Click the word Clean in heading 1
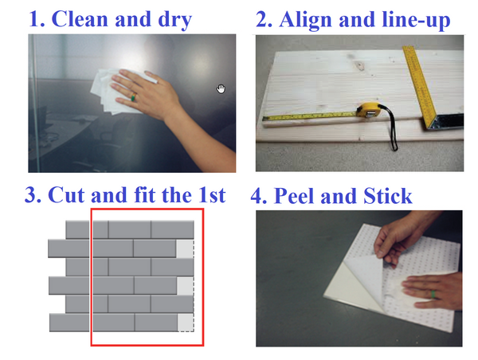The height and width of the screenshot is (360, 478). tap(80, 19)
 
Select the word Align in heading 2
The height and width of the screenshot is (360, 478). tap(305, 21)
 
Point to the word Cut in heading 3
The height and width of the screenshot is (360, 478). tap(66, 195)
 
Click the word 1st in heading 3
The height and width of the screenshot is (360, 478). tap(212, 195)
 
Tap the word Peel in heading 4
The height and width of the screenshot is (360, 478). tap(295, 196)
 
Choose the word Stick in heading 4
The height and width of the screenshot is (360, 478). tap(387, 196)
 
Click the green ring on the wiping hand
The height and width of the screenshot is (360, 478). tap(133, 97)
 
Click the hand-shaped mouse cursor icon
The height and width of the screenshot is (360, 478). tap(221, 88)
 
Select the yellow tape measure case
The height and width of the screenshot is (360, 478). tap(370, 111)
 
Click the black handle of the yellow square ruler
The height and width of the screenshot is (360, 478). tap(447, 121)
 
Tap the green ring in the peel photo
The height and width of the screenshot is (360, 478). tap(433, 295)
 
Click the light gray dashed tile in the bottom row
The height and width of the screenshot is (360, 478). tap(186, 323)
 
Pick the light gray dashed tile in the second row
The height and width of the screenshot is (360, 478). tap(185, 248)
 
